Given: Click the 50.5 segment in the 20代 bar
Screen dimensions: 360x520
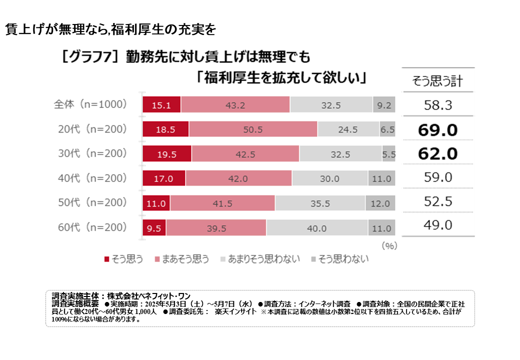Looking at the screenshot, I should pyautogui.click(x=253, y=129).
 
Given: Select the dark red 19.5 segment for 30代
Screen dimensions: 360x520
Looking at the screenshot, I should pyautogui.click(x=167, y=154).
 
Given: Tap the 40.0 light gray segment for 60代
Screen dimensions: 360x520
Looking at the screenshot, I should pyautogui.click(x=316, y=228).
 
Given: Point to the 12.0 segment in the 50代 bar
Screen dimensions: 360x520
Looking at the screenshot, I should pyautogui.click(x=380, y=203).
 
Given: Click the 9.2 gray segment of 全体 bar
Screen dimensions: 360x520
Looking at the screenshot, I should pyautogui.click(x=384, y=105).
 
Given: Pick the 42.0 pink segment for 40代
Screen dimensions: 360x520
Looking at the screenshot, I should pyautogui.click(x=238, y=178).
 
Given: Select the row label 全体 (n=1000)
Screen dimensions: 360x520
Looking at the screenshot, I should pyautogui.click(x=90, y=104).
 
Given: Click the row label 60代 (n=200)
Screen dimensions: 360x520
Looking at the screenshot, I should pyautogui.click(x=90, y=227).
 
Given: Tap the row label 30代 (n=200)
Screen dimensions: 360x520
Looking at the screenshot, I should pyautogui.click(x=90, y=154).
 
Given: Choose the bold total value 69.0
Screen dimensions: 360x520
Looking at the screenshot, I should pyautogui.click(x=437, y=130).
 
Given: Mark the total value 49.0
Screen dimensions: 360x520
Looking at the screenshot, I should pyautogui.click(x=437, y=225).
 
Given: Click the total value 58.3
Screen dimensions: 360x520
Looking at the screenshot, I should pyautogui.click(x=437, y=105).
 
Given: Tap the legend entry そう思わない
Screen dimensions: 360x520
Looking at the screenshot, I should pyautogui.click(x=340, y=259).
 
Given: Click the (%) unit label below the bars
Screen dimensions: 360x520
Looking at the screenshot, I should pyautogui.click(x=388, y=246).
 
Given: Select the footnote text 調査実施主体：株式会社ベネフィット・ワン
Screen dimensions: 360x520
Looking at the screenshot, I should pyautogui.click(x=121, y=295).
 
